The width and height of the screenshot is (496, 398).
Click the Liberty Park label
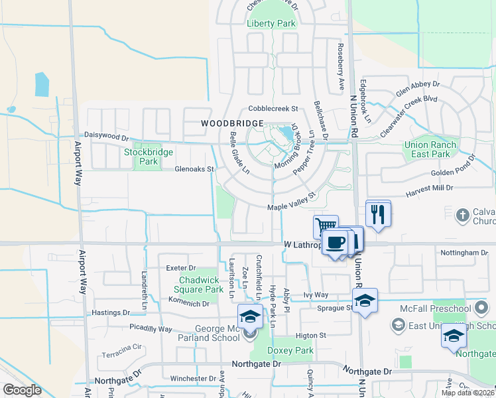(271, 23)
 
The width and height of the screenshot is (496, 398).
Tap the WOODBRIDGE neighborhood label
(233, 123)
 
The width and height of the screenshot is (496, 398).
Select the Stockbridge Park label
(149, 157)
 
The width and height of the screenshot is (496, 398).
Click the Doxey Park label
(290, 350)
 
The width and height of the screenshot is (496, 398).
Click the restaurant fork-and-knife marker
(378, 214)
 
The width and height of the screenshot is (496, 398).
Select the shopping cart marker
(326, 227)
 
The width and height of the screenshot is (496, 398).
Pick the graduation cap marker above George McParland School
(249, 316)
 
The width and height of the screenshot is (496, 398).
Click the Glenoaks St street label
(194, 169)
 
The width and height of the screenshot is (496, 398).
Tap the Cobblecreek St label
(275, 108)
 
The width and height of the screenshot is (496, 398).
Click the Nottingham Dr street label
(464, 253)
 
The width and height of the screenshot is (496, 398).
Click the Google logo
(22, 390)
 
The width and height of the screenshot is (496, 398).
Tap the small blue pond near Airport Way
(41, 84)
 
